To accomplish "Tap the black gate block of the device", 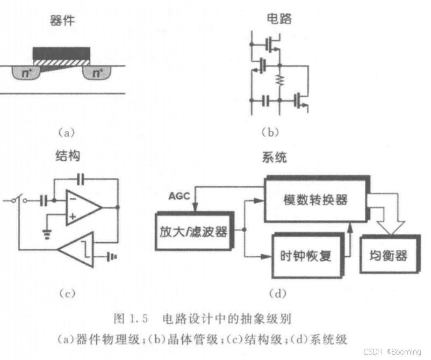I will pyautogui.click(x=61, y=53).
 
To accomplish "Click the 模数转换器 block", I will pyautogui.click(x=315, y=200).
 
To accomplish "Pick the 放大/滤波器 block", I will pyautogui.click(x=192, y=232).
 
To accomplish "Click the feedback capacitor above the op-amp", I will pyautogui.click(x=81, y=177).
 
